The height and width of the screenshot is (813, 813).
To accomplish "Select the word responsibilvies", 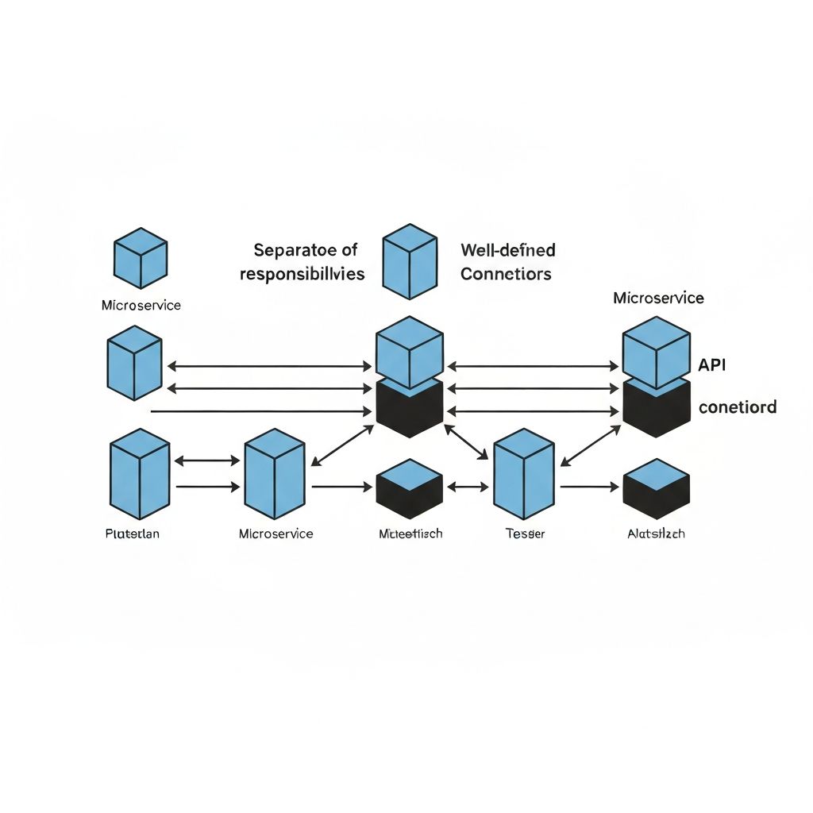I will [302, 275].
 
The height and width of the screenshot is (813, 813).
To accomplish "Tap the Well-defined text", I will [508, 250].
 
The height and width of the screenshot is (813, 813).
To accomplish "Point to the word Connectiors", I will [506, 275].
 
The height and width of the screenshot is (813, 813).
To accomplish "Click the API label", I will [712, 365].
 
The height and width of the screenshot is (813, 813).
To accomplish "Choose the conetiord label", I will [738, 407].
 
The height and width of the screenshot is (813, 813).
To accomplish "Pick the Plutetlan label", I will [133, 534].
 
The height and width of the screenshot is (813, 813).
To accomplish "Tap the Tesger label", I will [526, 534].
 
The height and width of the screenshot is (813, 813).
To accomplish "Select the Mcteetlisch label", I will [410, 534].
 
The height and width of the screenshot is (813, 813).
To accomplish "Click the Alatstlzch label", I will [656, 534].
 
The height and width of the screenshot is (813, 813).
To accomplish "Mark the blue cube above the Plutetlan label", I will [140, 474].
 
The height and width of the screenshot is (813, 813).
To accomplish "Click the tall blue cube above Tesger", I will [523, 474].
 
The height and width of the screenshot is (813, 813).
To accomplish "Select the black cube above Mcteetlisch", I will [409, 489].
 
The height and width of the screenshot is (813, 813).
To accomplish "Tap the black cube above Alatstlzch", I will [656, 489].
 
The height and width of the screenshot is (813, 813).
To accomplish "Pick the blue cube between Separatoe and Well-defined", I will [410, 261].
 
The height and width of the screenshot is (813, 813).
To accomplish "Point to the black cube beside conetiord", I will [656, 406].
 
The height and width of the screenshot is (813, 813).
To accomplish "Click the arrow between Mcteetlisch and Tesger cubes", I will [468, 487].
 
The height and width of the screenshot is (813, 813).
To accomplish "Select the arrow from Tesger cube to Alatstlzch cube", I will [589, 487].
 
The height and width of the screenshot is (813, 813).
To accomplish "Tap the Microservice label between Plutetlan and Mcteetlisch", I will [275, 534].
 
